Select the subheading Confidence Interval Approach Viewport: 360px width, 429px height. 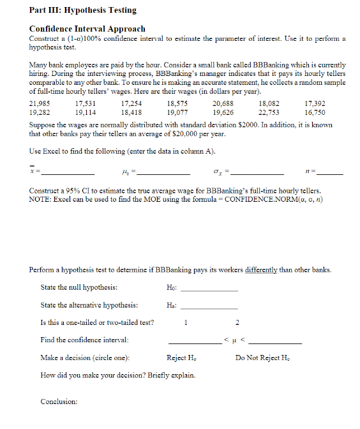87,29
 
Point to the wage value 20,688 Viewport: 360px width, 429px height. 223,103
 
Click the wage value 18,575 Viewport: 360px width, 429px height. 177,103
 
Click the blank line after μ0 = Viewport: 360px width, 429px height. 167,172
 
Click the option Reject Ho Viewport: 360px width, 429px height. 182,357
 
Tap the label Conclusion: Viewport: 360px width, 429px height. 59,402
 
